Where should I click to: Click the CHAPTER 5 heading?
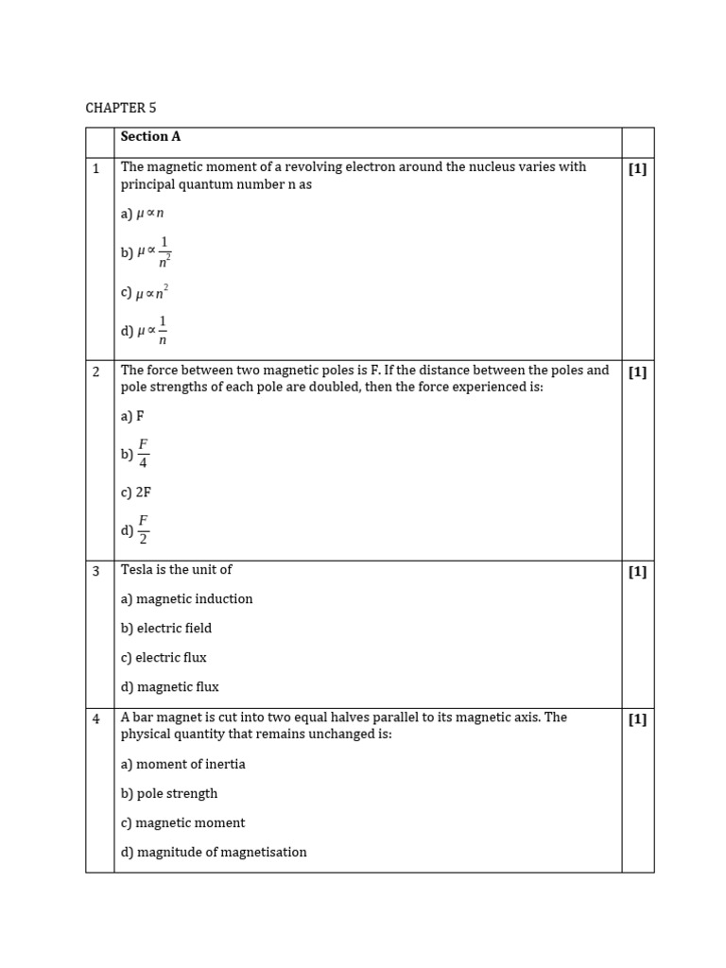pyautogui.click(x=121, y=108)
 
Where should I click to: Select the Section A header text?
pyautogui.click(x=150, y=136)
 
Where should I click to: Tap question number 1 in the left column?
pyautogui.click(x=96, y=168)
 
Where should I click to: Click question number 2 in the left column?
pyautogui.click(x=96, y=372)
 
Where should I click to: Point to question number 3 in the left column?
pyautogui.click(x=96, y=571)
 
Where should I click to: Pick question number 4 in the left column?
pyautogui.click(x=96, y=719)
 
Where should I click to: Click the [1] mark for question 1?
pyautogui.click(x=637, y=169)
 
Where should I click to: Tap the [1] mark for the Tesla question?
pyautogui.click(x=637, y=572)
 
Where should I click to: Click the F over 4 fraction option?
pyautogui.click(x=135, y=454)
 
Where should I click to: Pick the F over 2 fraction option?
pyautogui.click(x=135, y=530)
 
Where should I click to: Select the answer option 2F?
pyautogui.click(x=136, y=493)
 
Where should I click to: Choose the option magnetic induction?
pyautogui.click(x=187, y=599)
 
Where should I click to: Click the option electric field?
pyautogui.click(x=166, y=629)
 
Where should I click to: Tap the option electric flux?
pyautogui.click(x=164, y=658)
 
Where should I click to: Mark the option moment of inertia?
pyautogui.click(x=183, y=764)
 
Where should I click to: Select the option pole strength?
pyautogui.click(x=169, y=794)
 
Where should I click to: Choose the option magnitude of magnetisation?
pyautogui.click(x=214, y=853)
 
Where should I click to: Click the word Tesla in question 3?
pyautogui.click(x=137, y=570)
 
